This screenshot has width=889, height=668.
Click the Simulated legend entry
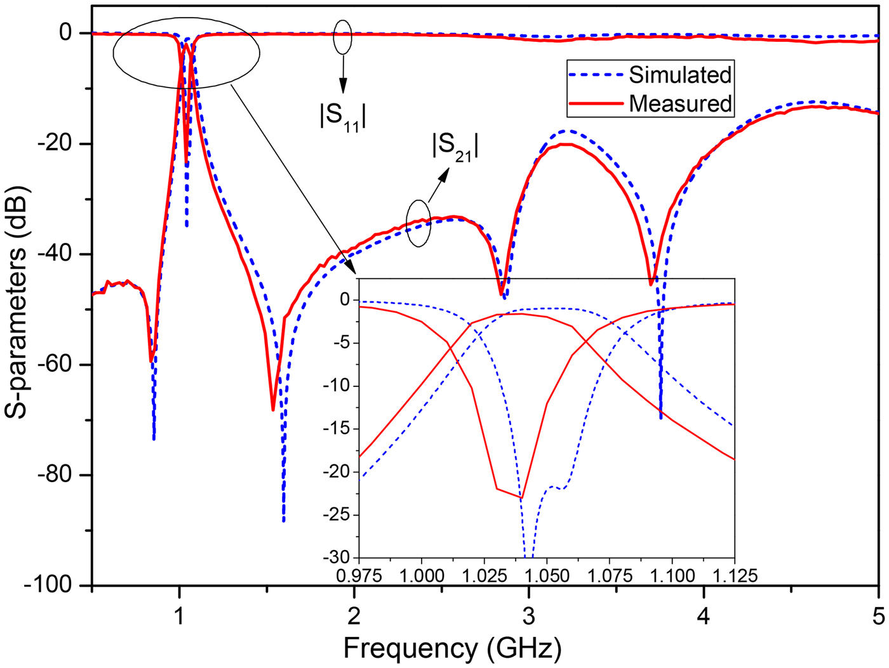click(x=679, y=75)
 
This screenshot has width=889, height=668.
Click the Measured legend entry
click(x=679, y=103)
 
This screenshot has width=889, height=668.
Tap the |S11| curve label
click(x=343, y=116)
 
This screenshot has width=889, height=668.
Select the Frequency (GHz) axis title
click(x=452, y=649)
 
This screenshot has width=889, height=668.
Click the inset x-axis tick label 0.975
click(x=359, y=575)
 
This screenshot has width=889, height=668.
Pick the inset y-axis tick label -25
click(x=337, y=514)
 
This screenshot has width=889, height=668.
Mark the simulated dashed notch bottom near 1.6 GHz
click(x=283, y=520)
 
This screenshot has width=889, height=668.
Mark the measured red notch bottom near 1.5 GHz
click(x=273, y=410)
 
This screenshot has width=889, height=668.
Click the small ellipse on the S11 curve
click(x=343, y=37)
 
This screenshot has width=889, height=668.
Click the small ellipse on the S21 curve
click(x=418, y=223)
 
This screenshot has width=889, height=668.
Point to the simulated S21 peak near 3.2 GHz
click(x=568, y=131)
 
